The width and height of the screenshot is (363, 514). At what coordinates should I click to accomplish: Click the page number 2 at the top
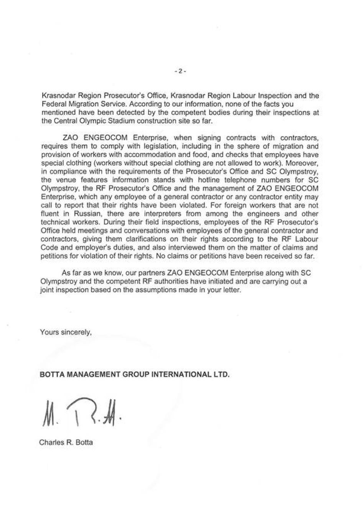coord(180,71)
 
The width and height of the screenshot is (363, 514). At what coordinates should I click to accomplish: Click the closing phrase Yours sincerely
coord(66,332)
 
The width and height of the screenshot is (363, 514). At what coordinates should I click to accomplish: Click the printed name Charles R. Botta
coord(66,442)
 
